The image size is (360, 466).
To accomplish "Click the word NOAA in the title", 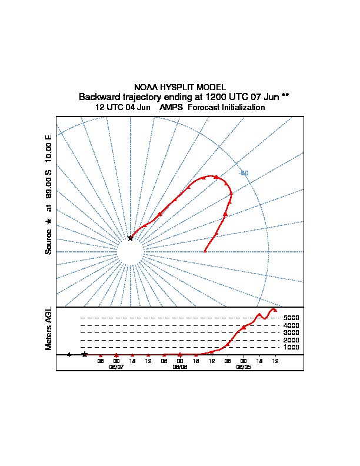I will (x=145, y=87).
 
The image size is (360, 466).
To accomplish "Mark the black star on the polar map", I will (x=131, y=238).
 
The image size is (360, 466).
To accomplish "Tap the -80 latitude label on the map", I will (x=244, y=173).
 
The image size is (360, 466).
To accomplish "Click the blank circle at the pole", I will (x=130, y=252).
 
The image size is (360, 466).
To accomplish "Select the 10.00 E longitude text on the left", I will (x=49, y=151).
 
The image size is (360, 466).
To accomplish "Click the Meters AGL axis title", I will (x=49, y=329).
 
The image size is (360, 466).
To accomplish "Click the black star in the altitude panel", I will (x=85, y=354).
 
